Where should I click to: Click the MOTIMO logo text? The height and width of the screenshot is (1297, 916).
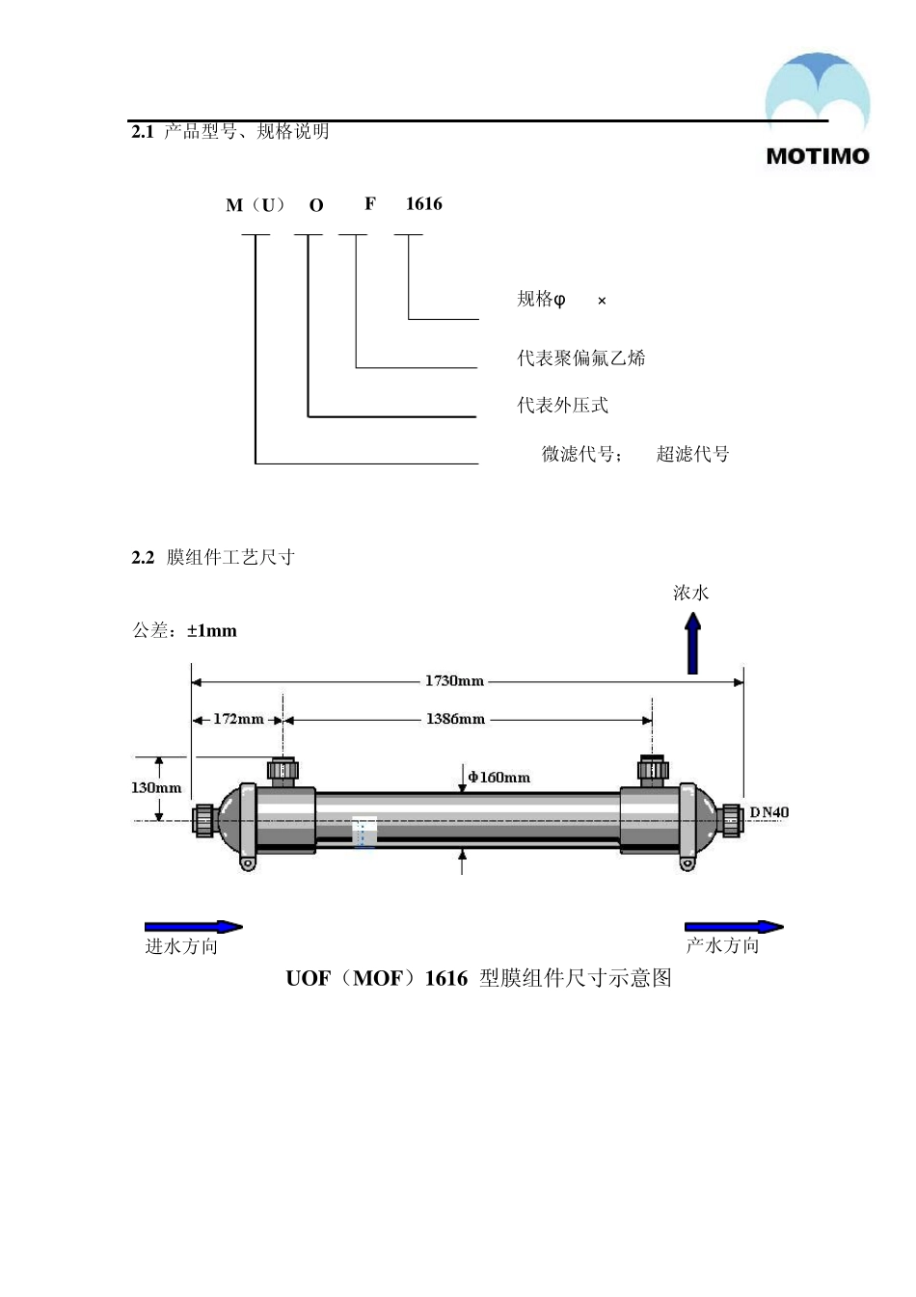[x=818, y=156]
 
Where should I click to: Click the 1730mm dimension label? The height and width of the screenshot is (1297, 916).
[x=454, y=681]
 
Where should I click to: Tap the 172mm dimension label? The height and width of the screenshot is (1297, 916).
[x=238, y=719]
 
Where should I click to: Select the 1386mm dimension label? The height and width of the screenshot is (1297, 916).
[x=455, y=719]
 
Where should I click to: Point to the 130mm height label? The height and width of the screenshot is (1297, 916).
[x=156, y=788]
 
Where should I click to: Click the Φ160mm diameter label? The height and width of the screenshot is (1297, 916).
[x=499, y=778]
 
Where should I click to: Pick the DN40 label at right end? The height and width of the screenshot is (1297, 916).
[x=769, y=812]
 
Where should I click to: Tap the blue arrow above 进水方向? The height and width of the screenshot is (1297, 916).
[x=194, y=927]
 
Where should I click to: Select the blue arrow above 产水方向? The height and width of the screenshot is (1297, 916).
[x=734, y=927]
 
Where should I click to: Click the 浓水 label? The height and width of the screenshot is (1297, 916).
[x=691, y=594]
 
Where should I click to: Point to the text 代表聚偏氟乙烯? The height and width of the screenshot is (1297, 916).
[x=581, y=358]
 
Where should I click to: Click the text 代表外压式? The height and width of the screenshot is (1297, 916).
[x=563, y=406]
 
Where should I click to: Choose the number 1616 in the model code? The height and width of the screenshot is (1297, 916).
[x=424, y=204]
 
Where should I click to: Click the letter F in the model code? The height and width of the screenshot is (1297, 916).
[x=370, y=204]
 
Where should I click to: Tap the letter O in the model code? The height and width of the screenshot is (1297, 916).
[x=316, y=205]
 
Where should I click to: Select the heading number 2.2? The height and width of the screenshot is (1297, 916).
[x=143, y=558]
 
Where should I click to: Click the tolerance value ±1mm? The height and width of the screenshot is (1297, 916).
[x=212, y=631]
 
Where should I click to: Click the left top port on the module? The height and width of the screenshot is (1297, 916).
[x=283, y=769]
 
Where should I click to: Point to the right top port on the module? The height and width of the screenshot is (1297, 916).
[x=653, y=769]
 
